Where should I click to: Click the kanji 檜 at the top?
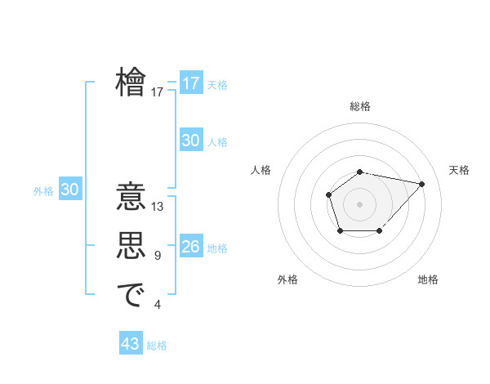[131, 83]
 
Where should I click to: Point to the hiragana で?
[131, 295]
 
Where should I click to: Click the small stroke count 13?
[158, 207]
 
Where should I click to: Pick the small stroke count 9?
[158, 256]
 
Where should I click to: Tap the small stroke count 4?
[158, 305]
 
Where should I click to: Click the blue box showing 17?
[190, 83]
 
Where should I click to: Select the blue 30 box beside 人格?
[190, 141]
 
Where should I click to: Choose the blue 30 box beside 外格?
[69, 190]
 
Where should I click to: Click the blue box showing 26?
[190, 247]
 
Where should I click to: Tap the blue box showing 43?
[131, 344]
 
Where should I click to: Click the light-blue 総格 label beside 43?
[157, 346]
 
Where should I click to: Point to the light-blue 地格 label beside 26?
[218, 248]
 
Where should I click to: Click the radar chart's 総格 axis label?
[360, 106]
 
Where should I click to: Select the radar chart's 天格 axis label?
[459, 170]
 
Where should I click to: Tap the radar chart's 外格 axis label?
[287, 279]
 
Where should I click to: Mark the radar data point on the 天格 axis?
[421, 184]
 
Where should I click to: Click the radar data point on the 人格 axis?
[328, 194]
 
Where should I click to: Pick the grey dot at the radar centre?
[360, 203]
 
